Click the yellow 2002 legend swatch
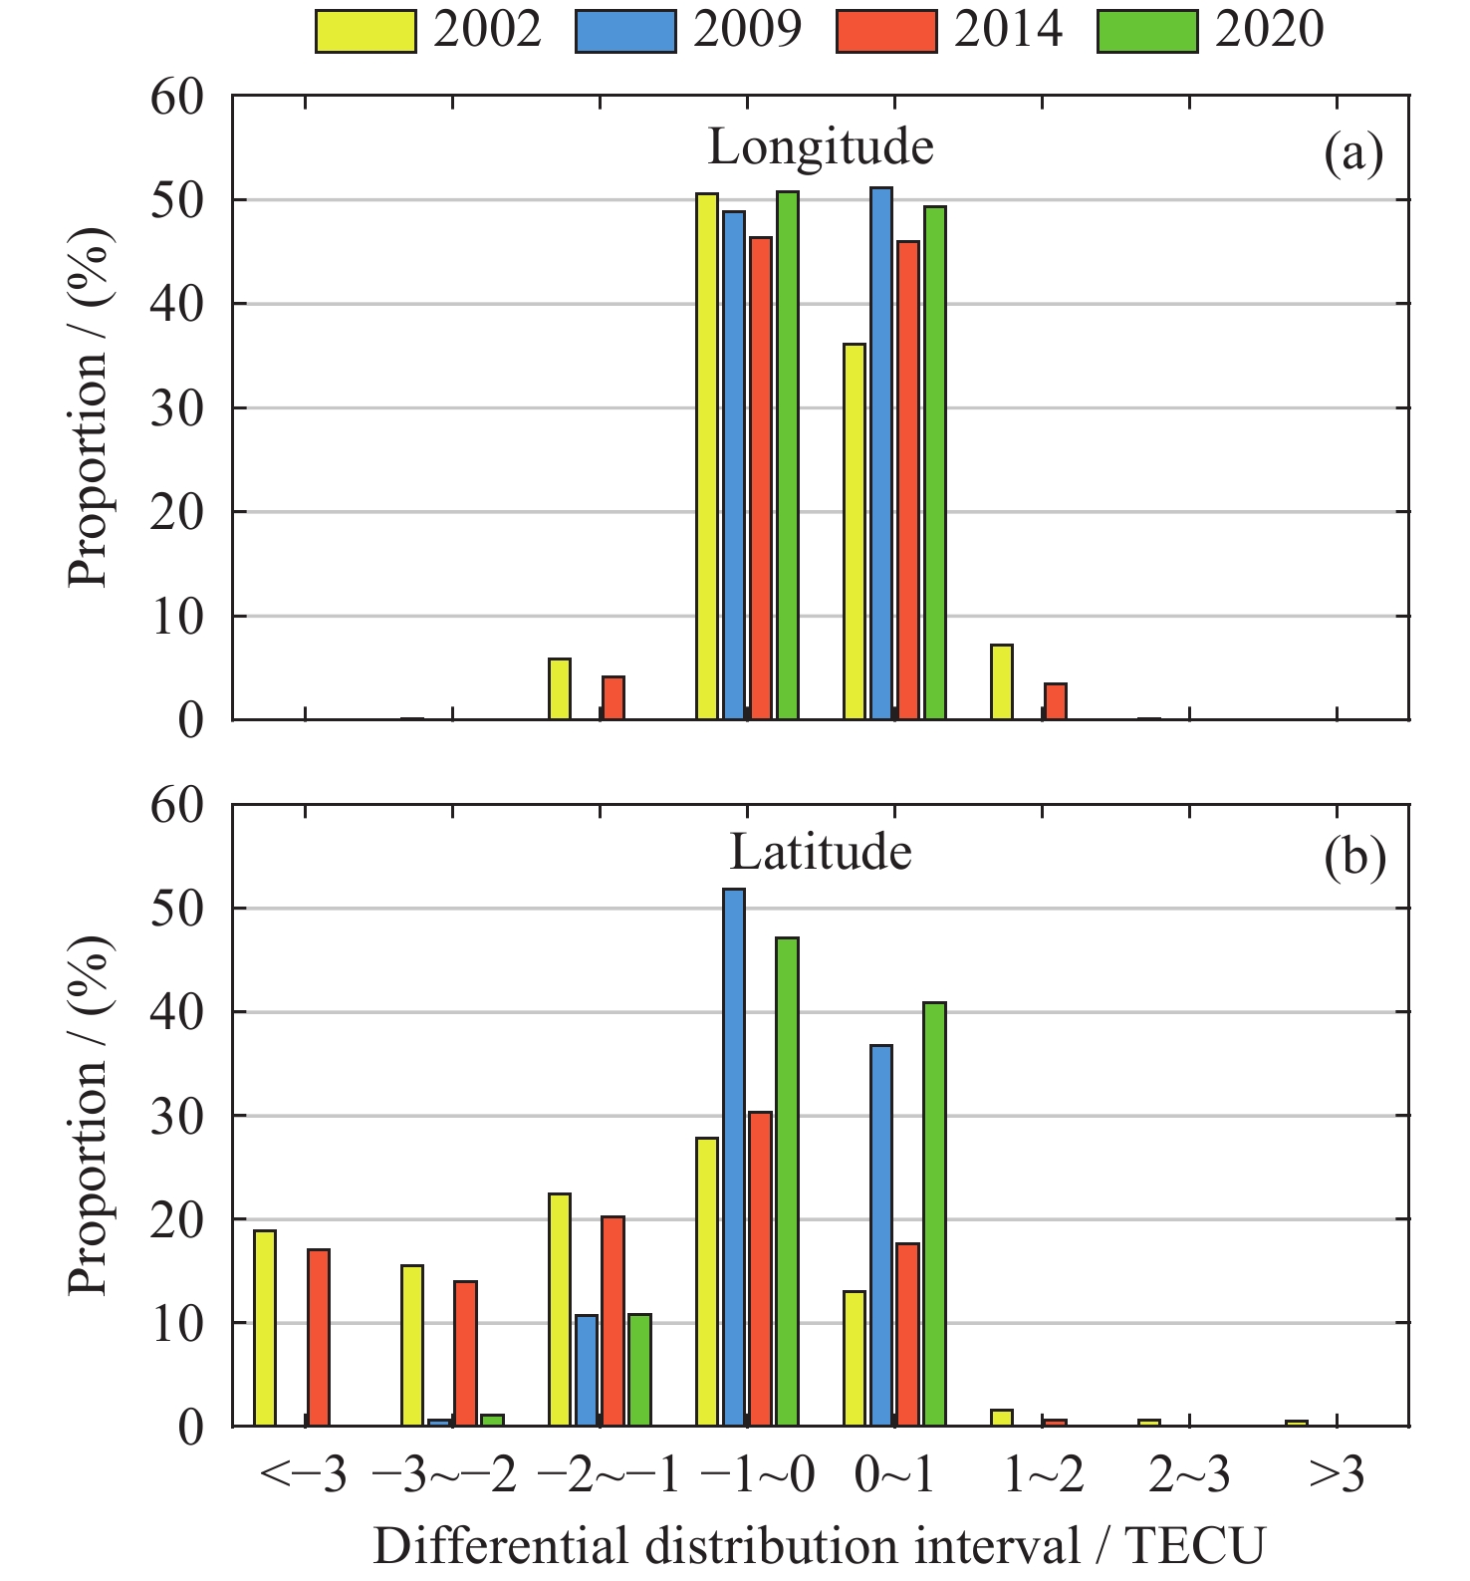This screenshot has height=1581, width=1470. click(365, 31)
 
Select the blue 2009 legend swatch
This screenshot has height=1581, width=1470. click(625, 31)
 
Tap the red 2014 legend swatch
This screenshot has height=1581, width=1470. click(886, 31)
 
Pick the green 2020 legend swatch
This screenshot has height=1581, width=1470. click(1147, 31)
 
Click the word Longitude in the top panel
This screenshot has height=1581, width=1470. click(821, 147)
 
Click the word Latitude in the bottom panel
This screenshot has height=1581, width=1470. click(821, 853)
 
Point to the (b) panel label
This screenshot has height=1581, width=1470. click(1354, 858)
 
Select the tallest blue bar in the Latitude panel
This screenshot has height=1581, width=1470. click(734, 1156)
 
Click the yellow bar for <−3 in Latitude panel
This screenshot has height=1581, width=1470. click(265, 1328)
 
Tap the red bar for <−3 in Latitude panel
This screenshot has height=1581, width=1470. click(319, 1337)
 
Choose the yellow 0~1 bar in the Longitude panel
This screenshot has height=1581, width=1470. click(855, 531)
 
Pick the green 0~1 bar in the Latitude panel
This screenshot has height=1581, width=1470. click(934, 1213)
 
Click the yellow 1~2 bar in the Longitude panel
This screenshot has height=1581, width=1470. click(1002, 681)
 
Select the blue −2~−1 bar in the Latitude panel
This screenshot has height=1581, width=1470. click(587, 1371)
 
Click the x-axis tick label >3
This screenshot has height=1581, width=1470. click(1337, 1476)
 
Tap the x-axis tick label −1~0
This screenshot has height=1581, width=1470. click(757, 1476)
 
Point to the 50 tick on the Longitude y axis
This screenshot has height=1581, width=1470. click(177, 200)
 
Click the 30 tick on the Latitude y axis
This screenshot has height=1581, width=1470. click(177, 1116)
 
